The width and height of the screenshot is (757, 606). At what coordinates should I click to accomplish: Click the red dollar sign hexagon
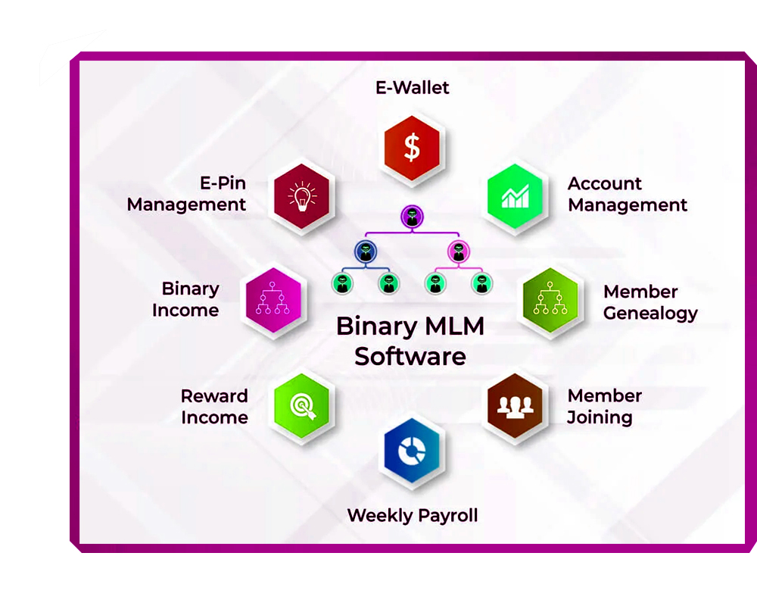[412, 148]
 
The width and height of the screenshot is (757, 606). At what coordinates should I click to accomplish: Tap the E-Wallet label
[412, 88]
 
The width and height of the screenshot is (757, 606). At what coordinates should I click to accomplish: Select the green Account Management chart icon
[515, 195]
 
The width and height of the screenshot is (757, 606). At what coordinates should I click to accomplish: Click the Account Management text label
[627, 195]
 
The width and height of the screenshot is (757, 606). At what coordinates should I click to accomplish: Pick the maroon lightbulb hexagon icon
[302, 195]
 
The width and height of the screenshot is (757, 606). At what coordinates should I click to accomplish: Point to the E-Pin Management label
[186, 194]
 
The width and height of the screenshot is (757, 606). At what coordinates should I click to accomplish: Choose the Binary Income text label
[185, 299]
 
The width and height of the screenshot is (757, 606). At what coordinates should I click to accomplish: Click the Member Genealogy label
[650, 302]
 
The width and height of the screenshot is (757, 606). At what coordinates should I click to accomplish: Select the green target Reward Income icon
[302, 406]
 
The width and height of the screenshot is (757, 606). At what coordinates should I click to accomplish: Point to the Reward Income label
[214, 407]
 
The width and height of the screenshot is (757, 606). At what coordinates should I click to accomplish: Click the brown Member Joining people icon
[515, 406]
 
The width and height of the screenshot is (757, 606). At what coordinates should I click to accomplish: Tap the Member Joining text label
[604, 406]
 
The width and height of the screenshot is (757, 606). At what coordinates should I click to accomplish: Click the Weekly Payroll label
[412, 516]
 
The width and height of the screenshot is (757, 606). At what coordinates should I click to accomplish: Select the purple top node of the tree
[411, 217]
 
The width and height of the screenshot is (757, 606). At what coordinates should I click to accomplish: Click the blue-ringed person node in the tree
[366, 251]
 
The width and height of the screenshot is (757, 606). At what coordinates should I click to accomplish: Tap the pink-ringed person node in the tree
[457, 251]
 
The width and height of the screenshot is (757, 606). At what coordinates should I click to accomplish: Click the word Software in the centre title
[410, 356]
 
